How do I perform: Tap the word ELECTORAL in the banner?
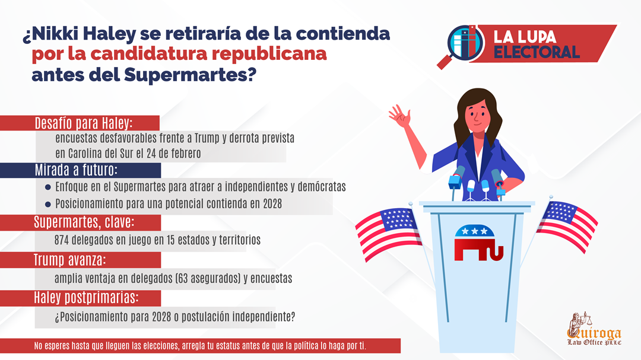tap(537, 52)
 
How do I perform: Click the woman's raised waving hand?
tap(400, 115)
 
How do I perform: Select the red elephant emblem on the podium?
tap(478, 243)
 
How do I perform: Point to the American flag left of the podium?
tap(388, 233)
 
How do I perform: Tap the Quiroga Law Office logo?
tap(594, 329)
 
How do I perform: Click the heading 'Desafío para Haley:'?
tap(84, 123)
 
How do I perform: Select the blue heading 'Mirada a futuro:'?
tap(76, 170)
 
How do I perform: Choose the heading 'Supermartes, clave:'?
tap(84, 222)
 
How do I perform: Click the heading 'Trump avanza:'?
tap(69, 260)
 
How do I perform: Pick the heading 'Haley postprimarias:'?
tap(86, 298)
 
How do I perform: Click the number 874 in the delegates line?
tap(61, 240)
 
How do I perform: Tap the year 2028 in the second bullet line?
tap(272, 203)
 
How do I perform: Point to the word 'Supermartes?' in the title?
tap(190, 75)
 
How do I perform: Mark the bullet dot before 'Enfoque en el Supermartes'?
tap(48, 187)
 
